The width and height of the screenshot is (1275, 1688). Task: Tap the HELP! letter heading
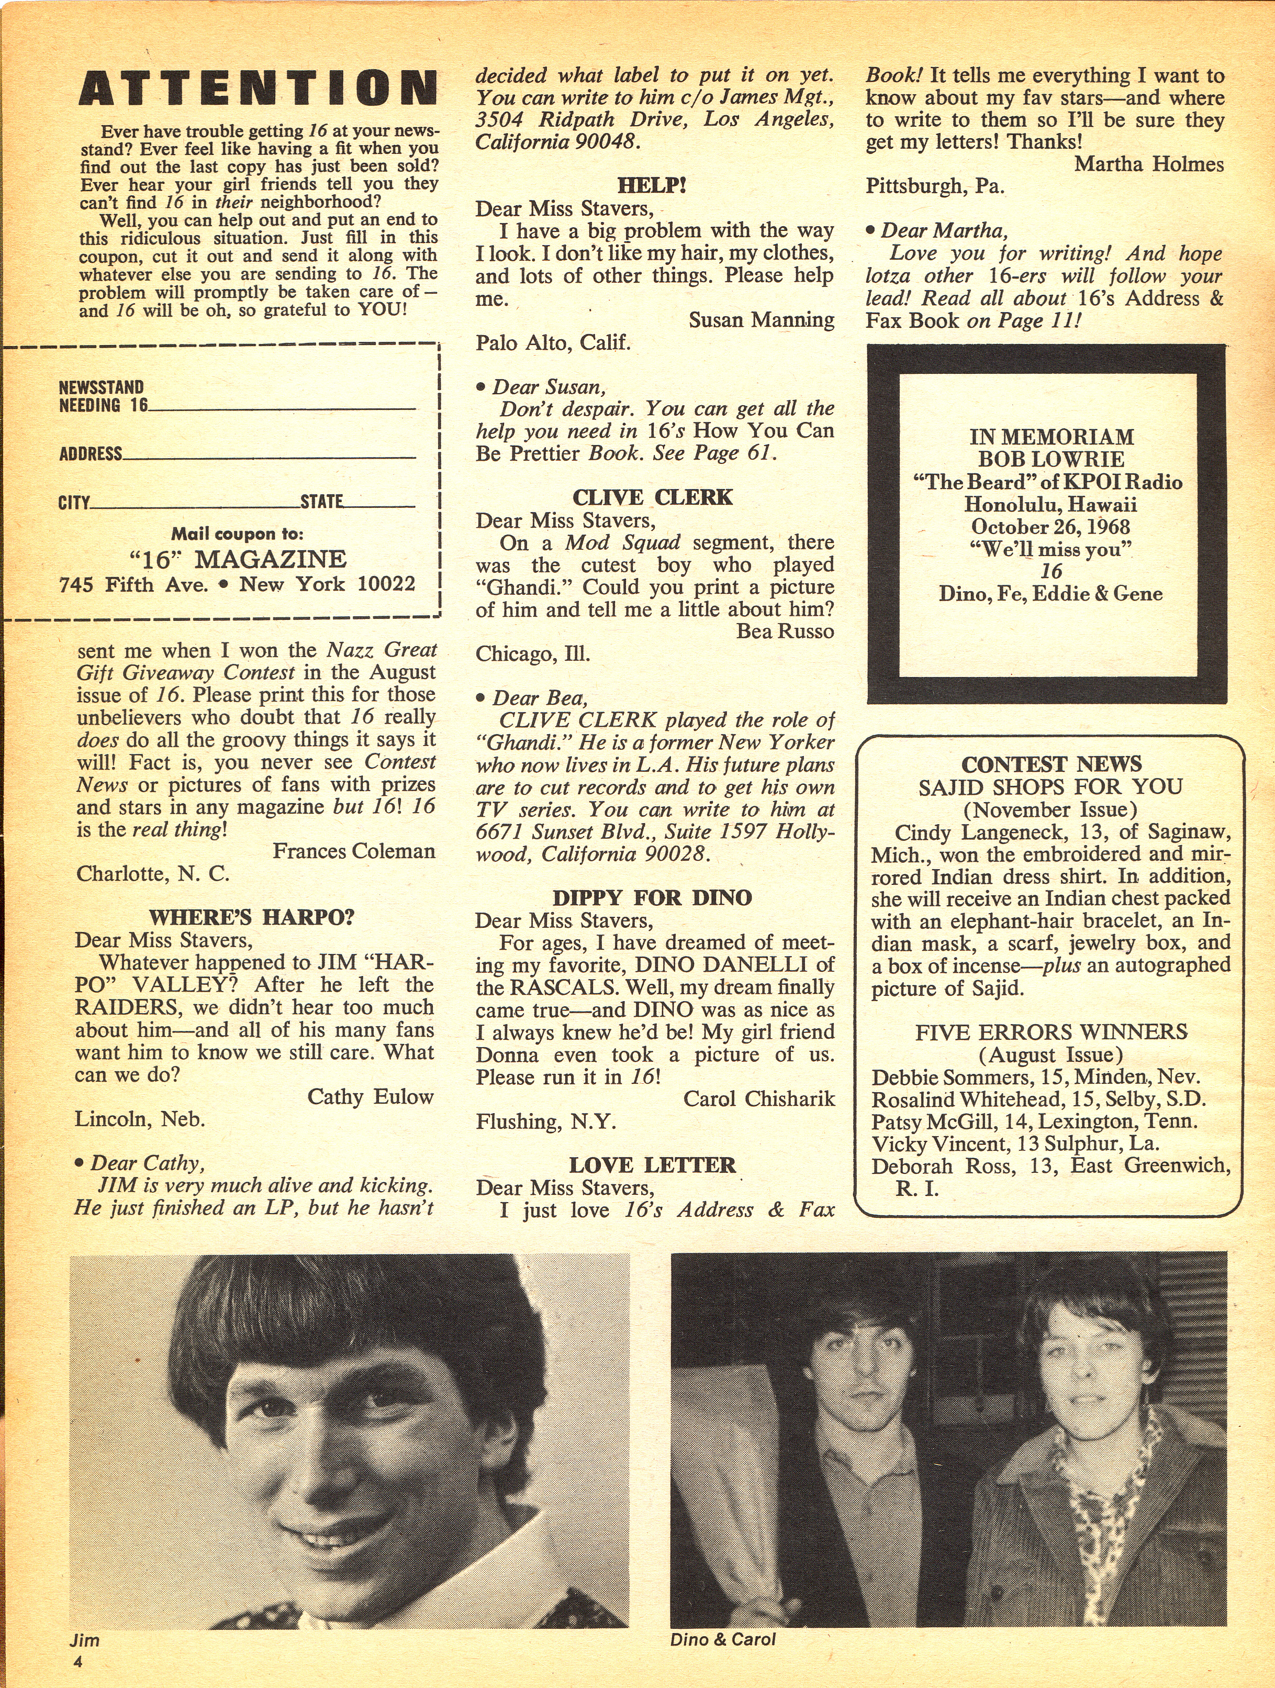point(652,185)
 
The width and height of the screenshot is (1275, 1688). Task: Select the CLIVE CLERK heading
point(652,497)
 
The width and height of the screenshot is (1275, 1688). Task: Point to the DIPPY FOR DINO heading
point(652,897)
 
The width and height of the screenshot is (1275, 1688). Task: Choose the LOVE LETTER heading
point(652,1165)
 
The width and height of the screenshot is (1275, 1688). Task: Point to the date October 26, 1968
point(1050,527)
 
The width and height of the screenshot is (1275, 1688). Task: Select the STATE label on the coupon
point(321,502)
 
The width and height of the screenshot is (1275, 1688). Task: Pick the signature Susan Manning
point(760,320)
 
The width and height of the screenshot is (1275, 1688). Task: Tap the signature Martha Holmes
point(1149,164)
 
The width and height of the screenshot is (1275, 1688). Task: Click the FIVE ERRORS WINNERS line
point(1050,1032)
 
